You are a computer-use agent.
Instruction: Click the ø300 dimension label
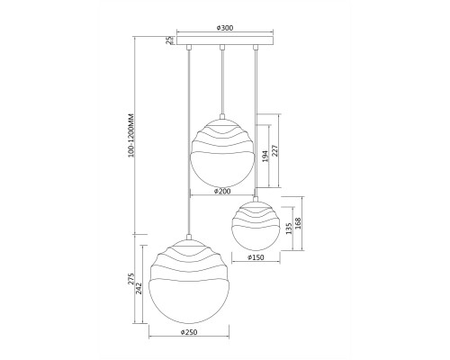pos(225,28)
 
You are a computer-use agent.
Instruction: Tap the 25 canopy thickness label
pos(170,40)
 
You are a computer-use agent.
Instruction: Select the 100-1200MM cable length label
pos(131,135)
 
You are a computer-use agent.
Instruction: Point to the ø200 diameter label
pos(222,191)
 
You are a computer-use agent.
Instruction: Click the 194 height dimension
pos(265,157)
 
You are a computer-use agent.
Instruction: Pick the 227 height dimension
pos(275,150)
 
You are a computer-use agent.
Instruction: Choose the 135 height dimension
pos(289,229)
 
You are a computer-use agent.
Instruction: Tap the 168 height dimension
pos(298,223)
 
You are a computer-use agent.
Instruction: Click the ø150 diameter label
pos(256,257)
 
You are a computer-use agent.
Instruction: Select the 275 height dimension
pos(131,279)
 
